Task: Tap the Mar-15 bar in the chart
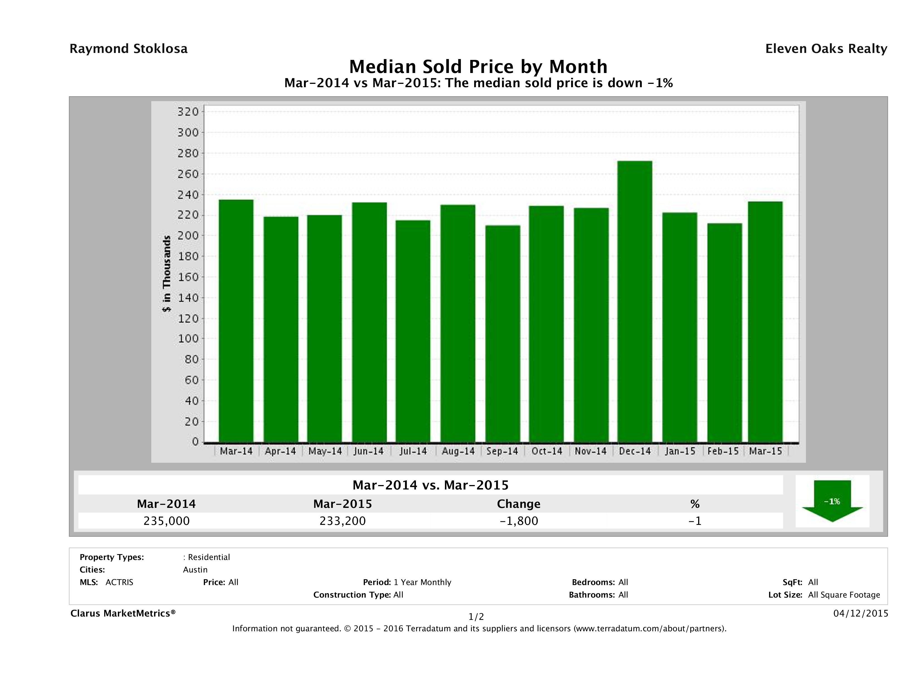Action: [x=765, y=321]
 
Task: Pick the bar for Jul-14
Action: [x=413, y=331]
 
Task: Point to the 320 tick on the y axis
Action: [x=188, y=111]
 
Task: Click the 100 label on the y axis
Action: [x=188, y=338]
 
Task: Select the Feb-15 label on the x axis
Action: [x=723, y=451]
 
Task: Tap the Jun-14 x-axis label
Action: [x=369, y=451]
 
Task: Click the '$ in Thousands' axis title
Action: [x=167, y=274]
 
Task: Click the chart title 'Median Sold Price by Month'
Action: [x=478, y=66]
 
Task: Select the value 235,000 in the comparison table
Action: [x=166, y=521]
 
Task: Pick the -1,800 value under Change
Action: [x=519, y=521]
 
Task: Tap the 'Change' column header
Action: [x=519, y=504]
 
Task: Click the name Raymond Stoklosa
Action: [x=128, y=49]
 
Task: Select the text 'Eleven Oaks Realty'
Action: [x=826, y=49]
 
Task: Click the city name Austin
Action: [x=195, y=570]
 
